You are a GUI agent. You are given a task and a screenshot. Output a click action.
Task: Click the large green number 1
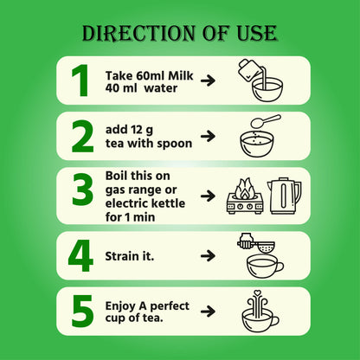click(80, 80)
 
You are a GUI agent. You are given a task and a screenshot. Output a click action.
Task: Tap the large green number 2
click(83, 136)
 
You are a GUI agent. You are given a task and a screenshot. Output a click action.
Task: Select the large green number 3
click(83, 190)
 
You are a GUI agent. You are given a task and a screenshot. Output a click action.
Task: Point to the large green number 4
click(80, 255)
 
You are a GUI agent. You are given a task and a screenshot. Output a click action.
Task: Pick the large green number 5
click(83, 311)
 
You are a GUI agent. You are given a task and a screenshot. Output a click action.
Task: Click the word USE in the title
click(257, 33)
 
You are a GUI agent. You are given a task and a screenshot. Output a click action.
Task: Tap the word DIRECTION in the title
click(138, 33)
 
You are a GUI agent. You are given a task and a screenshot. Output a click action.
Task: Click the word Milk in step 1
click(181, 76)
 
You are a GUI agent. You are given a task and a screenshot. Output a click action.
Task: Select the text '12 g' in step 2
click(141, 130)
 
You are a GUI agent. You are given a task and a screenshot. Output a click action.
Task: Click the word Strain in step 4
click(120, 256)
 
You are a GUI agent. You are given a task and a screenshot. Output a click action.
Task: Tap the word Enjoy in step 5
click(121, 306)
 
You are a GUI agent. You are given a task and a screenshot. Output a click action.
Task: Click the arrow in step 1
click(208, 80)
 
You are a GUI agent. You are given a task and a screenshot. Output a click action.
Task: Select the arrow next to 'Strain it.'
click(208, 255)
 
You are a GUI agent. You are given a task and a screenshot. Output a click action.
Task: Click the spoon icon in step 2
click(266, 120)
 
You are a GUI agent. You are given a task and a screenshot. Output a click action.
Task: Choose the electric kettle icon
click(284, 196)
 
